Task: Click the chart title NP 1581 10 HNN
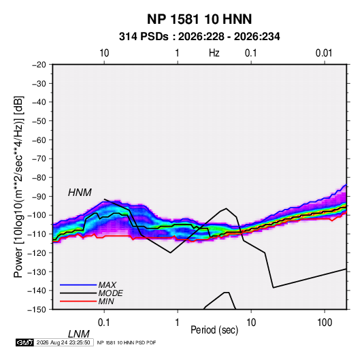tap(199, 19)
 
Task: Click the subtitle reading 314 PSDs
tap(144, 37)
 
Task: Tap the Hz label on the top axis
tap(214, 53)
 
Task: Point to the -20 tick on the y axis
tap(39, 65)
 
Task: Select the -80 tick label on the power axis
tap(39, 178)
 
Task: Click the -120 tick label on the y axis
tap(37, 252)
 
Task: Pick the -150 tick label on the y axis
tap(37, 310)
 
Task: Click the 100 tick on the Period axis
tap(325, 323)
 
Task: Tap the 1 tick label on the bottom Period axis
tap(178, 323)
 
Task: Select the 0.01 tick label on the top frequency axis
tap(324, 53)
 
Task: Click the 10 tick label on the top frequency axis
tap(104, 53)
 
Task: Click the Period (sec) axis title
tap(214, 330)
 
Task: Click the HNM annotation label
tap(80, 193)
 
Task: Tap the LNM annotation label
tap(79, 334)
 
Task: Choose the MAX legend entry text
tap(107, 284)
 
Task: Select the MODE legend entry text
tap(110, 293)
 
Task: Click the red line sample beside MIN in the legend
tap(78, 301)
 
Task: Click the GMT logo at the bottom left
tap(24, 342)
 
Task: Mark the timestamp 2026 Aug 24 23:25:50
tap(63, 342)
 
